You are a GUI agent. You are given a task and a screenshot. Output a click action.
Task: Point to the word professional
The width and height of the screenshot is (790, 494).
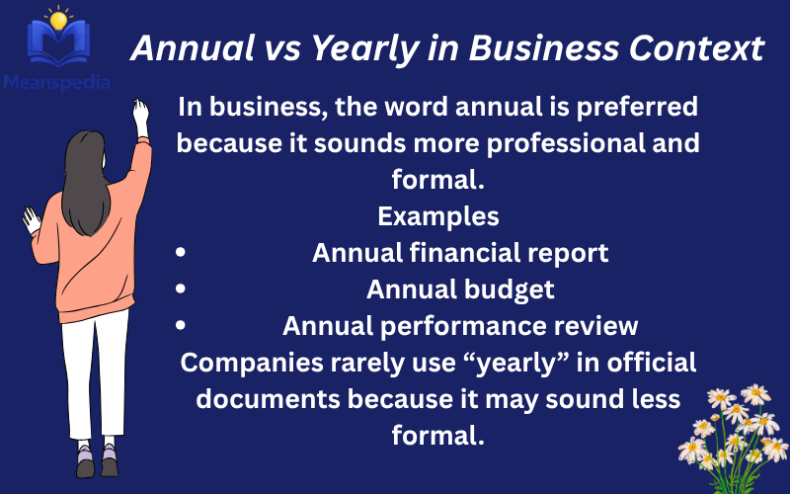coord(539,143)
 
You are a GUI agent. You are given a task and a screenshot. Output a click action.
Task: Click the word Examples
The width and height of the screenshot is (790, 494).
coord(438,215)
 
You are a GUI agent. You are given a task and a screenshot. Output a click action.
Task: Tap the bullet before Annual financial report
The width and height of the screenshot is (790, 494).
coord(180,253)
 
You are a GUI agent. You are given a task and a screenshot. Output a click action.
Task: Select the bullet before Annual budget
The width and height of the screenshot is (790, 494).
coord(180,289)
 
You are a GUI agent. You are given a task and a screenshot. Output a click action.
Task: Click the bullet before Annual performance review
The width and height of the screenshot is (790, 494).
coord(180,326)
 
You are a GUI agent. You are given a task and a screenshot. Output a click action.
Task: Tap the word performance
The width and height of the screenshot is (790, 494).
coord(476,326)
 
